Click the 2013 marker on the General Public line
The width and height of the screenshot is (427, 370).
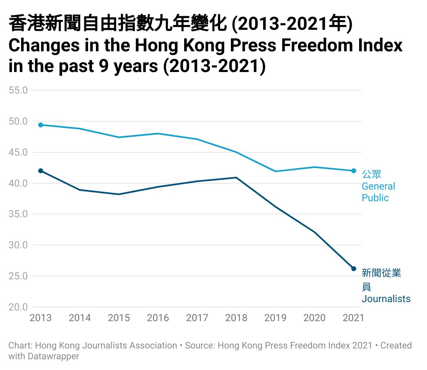[x=41, y=125]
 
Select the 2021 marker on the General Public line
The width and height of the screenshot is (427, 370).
[x=353, y=171]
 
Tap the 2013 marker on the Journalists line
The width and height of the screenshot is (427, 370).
[x=41, y=171]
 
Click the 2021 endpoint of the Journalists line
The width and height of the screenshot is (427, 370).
[x=353, y=269]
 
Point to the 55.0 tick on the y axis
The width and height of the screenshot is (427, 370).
[x=19, y=90]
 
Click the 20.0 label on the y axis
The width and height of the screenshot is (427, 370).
[x=19, y=307]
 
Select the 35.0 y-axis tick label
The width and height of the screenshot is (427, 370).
[x=19, y=214]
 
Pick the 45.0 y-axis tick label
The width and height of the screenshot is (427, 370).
[x=19, y=152]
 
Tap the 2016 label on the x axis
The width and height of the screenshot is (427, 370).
[x=158, y=318]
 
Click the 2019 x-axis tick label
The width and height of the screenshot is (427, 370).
[x=275, y=318]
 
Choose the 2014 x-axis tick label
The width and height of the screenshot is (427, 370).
[x=80, y=318]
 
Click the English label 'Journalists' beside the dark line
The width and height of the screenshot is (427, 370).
[x=386, y=299]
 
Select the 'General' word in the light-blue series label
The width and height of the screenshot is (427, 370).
[x=378, y=186]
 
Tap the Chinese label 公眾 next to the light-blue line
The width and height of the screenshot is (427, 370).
[x=371, y=174]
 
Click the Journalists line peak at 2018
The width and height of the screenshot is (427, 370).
[x=236, y=178]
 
